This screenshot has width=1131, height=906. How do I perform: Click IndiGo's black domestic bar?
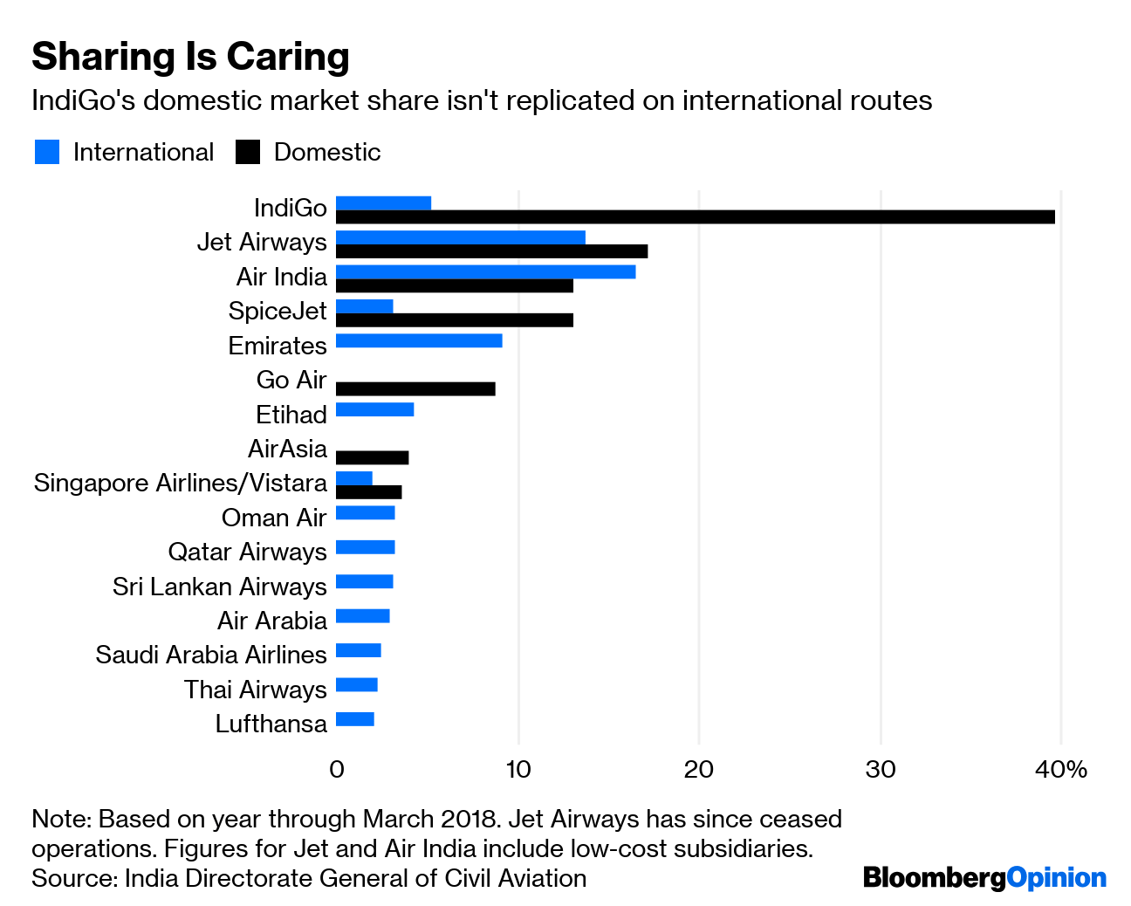(695, 217)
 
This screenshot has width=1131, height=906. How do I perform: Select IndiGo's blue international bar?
(383, 203)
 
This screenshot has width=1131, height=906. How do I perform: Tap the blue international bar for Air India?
(485, 272)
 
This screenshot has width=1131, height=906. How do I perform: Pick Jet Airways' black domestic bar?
(491, 251)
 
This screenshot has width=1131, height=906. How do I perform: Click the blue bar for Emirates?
(419, 340)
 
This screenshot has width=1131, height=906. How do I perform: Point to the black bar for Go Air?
(415, 388)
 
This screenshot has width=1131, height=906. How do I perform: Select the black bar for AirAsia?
(372, 457)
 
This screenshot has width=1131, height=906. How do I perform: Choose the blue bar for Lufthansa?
(355, 719)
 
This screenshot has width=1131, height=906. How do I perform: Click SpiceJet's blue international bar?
(364, 306)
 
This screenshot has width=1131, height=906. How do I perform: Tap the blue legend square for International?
(47, 152)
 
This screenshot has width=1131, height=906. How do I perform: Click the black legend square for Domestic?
(248, 152)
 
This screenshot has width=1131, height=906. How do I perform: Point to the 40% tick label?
(1061, 769)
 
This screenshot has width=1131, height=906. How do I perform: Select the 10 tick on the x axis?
(518, 769)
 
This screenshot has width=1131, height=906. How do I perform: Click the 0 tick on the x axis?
(337, 769)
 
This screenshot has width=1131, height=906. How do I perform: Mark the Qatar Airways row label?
(247, 552)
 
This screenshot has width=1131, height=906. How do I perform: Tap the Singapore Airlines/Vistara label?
(180, 483)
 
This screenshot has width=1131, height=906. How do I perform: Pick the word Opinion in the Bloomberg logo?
(1056, 877)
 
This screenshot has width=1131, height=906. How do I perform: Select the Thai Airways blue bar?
(356, 685)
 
